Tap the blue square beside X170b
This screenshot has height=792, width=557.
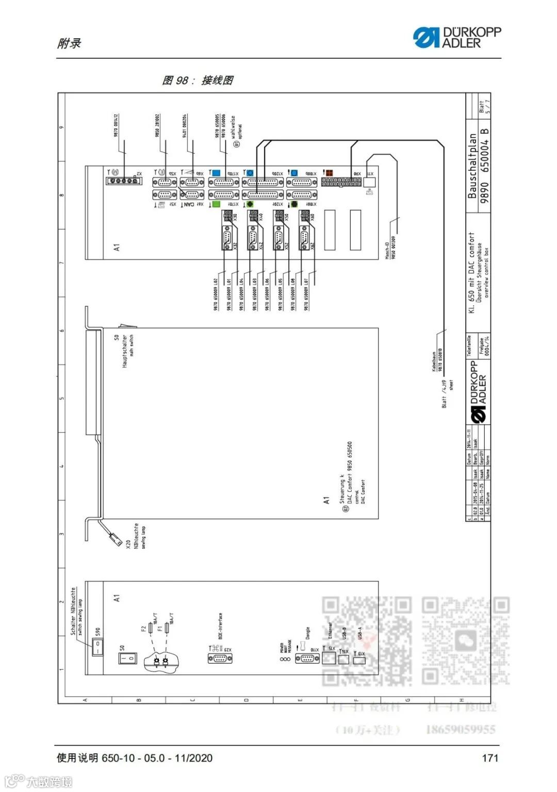(216, 173)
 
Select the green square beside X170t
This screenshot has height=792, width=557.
(216, 204)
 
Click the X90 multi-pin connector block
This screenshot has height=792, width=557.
(341, 182)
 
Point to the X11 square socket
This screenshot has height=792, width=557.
(369, 182)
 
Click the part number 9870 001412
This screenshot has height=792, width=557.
(117, 125)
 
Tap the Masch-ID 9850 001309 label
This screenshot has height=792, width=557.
(390, 247)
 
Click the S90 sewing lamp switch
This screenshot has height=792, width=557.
(97, 647)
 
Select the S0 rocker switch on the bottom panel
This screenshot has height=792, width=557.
(128, 658)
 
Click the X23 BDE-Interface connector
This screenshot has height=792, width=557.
(220, 658)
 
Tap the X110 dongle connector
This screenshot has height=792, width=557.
(307, 658)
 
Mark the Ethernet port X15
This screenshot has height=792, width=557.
(329, 658)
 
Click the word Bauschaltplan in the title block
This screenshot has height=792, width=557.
(472, 167)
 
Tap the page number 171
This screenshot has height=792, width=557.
(489, 757)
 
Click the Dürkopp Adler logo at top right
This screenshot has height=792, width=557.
(456, 38)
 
